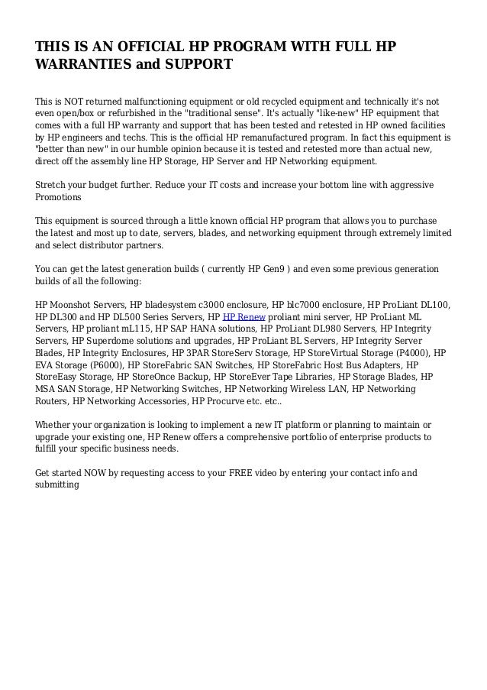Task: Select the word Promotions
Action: [58, 197]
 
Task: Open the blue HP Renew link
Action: [241, 317]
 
